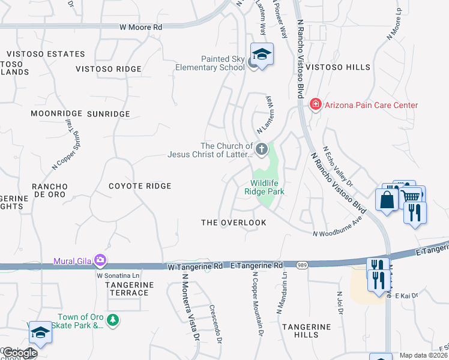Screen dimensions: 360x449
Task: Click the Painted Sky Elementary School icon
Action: pos(262,55)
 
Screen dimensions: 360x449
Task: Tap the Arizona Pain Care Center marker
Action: pos(315,105)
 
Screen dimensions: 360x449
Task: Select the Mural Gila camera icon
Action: pos(100,260)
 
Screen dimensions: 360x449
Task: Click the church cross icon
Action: pos(261,148)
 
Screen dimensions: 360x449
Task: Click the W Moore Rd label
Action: pos(140,27)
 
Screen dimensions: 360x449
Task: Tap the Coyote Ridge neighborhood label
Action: pos(140,186)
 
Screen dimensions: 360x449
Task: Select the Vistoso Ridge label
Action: pos(109,69)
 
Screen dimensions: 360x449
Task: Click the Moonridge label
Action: pos(55,113)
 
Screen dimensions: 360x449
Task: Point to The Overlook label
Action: pos(234,223)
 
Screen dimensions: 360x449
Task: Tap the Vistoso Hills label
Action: pos(338,68)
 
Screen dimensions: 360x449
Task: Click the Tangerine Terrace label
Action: pos(127,289)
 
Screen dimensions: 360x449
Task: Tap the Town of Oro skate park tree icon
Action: pos(113,320)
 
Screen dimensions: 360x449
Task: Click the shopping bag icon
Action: pos(387,200)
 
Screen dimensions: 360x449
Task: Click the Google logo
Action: pos(19,353)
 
